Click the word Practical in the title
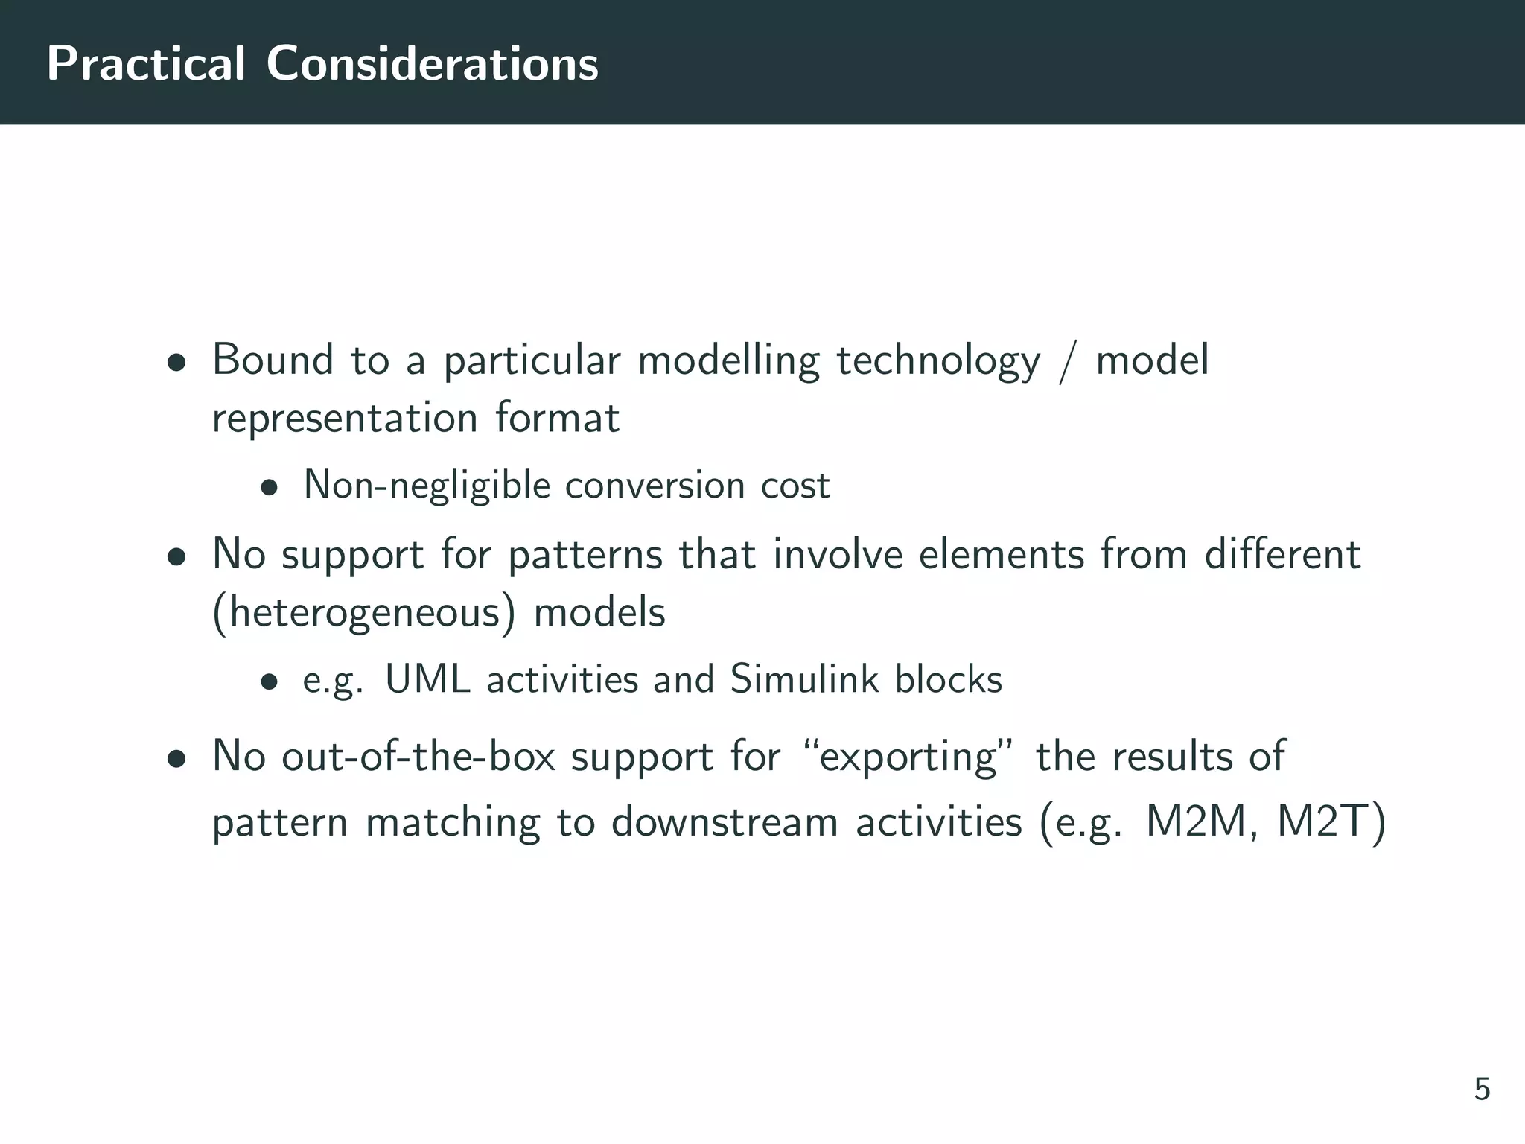(146, 64)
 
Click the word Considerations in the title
(432, 64)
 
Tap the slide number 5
(1482, 1090)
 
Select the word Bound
(273, 360)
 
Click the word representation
(344, 419)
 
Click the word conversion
(655, 486)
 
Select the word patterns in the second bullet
(585, 556)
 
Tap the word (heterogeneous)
(364, 614)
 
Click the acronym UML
(427, 679)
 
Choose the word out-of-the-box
(418, 757)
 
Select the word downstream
(725, 824)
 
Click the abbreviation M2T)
(1331, 824)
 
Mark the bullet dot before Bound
(176, 364)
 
